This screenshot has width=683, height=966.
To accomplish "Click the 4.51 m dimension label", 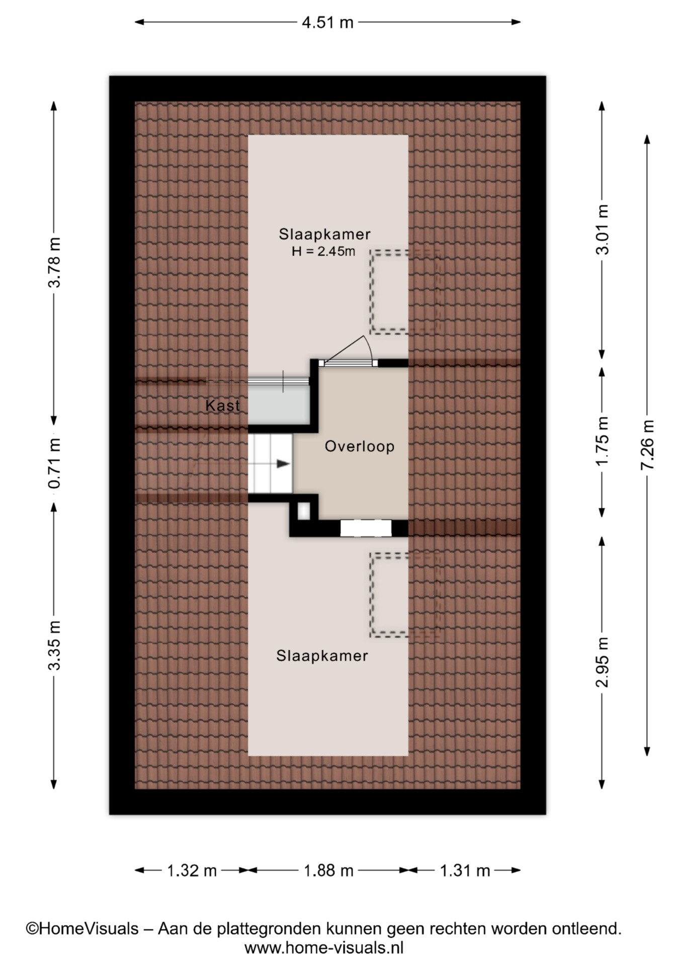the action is point(327,22).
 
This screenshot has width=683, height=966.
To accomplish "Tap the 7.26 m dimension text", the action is point(647,445).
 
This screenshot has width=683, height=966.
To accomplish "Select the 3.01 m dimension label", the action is point(602,229).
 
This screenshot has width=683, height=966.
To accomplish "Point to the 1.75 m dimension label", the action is point(602,441).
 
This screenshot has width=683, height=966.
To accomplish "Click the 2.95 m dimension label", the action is point(602,662).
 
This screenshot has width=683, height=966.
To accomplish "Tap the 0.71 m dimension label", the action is point(54,463).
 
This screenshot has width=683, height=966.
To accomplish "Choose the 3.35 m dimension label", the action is point(54,645).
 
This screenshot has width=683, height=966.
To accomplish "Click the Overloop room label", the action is point(360,446).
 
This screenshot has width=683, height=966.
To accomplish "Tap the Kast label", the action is point(223,406).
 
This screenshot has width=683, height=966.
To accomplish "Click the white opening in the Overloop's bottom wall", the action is point(366,528).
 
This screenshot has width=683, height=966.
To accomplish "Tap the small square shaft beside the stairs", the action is point(304,511).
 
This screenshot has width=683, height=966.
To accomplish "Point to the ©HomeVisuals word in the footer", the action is point(82,928).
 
